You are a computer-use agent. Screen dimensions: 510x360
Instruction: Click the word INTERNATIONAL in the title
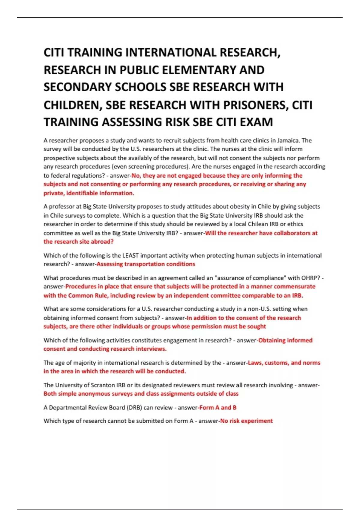(x=171, y=52)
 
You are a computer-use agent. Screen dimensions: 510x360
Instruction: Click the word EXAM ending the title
(x=258, y=122)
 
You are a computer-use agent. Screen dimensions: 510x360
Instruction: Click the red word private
(x=54, y=193)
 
